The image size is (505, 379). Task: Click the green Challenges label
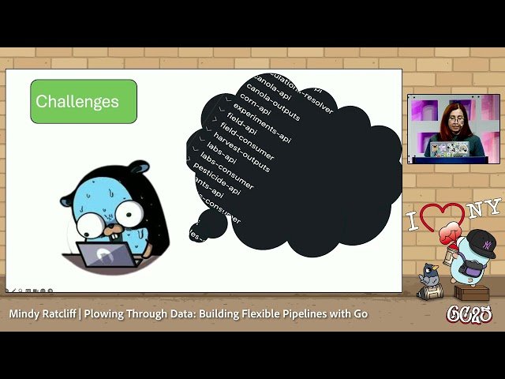(x=84, y=101)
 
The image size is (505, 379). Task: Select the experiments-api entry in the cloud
(x=261, y=125)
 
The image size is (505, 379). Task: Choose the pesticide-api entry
(x=216, y=178)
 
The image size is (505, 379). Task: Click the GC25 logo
(x=469, y=314)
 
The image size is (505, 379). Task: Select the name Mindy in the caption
(x=28, y=314)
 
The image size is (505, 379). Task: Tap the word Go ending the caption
(x=360, y=314)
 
